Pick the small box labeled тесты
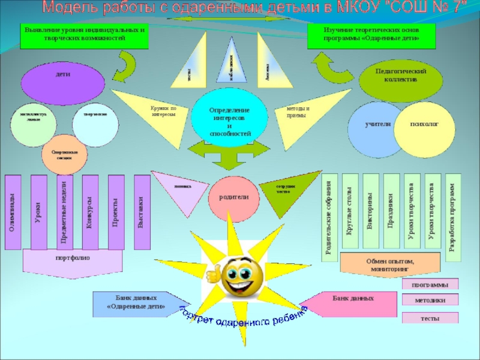[430, 318]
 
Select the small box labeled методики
[430, 299]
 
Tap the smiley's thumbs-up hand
[213, 275]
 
